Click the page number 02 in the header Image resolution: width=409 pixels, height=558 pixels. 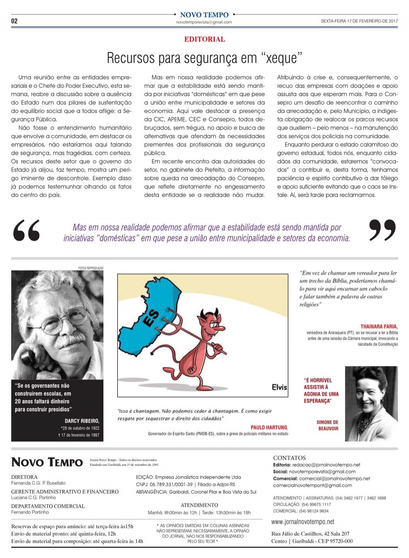pos(14,21)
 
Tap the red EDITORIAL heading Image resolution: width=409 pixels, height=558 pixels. pos(205,39)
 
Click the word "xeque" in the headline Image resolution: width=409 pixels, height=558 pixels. pos(282,58)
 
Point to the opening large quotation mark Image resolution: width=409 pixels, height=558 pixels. pos(26,230)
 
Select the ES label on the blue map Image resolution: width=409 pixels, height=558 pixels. pos(151,320)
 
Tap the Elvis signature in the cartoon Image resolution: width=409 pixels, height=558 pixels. pos(279,387)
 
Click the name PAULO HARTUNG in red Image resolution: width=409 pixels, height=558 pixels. pos(269,427)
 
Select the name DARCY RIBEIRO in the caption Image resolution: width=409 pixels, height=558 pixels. pos(82,421)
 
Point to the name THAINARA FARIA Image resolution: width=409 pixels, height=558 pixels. pos(379,326)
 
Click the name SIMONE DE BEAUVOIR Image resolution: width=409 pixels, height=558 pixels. pos(327,425)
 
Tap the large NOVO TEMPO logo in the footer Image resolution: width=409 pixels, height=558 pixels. pos(47,462)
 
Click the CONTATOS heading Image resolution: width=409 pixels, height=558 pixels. pos(289,458)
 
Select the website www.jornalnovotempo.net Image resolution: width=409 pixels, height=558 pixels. pos(303,522)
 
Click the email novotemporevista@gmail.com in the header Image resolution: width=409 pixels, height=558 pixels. pos(204,22)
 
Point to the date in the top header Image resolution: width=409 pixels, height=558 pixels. pos(359,21)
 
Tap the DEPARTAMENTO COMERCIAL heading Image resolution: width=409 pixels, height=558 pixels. pos(48,506)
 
